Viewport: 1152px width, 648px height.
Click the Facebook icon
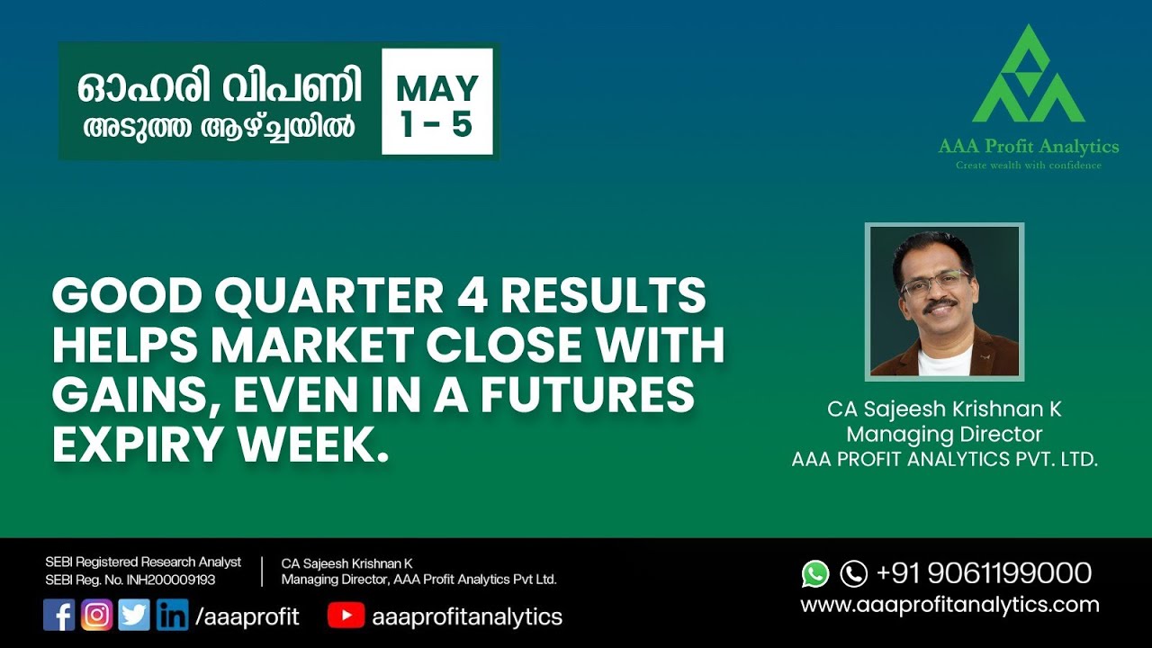click(x=59, y=616)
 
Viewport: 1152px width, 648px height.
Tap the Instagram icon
click(x=97, y=616)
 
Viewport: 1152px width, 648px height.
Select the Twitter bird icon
click(x=134, y=616)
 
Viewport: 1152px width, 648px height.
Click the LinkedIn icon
click(x=172, y=616)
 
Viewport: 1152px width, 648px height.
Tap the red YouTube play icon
click(x=346, y=616)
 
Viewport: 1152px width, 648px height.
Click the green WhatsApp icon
click(x=815, y=573)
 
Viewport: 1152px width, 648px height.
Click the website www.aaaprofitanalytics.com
click(x=949, y=605)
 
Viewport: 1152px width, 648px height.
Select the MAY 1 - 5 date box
click(x=437, y=102)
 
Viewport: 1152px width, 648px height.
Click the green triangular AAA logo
click(x=1028, y=76)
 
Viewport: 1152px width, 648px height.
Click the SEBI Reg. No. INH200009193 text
click(x=130, y=580)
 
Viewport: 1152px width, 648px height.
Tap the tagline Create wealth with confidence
click(x=1028, y=166)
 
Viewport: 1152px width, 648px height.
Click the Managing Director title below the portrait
click(x=944, y=435)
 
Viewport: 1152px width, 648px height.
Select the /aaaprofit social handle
click(x=247, y=616)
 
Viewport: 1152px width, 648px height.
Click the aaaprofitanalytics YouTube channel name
click(x=466, y=616)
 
